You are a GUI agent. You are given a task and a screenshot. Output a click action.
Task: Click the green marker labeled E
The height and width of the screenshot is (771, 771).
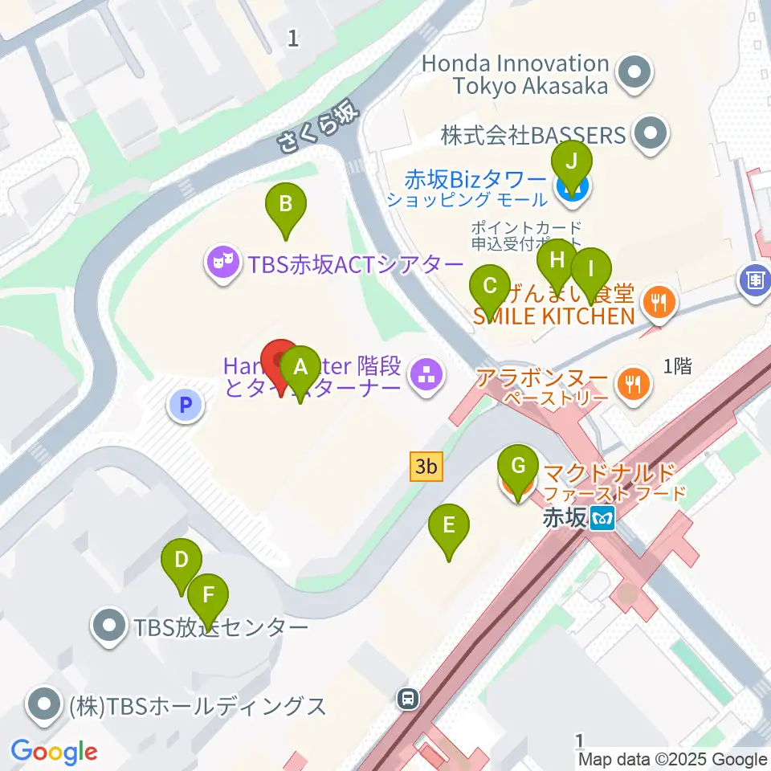449,527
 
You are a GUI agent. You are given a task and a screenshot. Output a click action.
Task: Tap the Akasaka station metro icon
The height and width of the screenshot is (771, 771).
602,520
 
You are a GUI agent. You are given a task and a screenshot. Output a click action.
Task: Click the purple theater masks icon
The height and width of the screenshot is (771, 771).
222,264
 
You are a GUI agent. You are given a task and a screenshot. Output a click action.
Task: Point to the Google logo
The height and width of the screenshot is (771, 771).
54,752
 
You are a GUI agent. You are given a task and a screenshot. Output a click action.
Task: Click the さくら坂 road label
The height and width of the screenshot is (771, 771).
316,129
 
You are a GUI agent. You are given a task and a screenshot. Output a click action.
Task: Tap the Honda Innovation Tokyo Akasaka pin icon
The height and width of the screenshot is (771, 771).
634,74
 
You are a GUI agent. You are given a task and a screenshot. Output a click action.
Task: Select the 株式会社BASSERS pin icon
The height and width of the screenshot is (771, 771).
651,134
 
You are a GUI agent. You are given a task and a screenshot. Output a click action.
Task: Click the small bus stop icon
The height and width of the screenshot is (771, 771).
409,699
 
